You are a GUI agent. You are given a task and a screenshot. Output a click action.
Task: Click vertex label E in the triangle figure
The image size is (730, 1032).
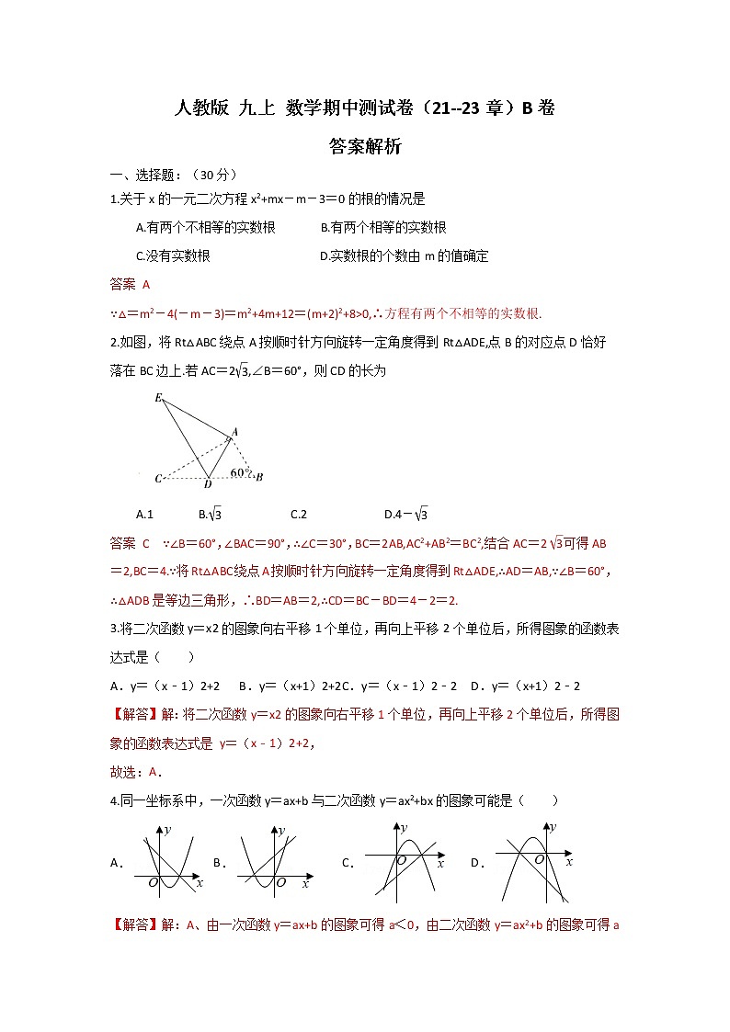pyautogui.click(x=159, y=398)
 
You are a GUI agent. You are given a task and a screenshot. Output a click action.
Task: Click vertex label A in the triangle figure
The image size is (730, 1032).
pyautogui.click(x=234, y=431)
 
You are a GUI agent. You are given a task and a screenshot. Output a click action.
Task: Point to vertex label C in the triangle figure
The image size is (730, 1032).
pyautogui.click(x=159, y=479)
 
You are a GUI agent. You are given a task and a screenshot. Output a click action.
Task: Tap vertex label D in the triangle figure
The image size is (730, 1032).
pyautogui.click(x=208, y=484)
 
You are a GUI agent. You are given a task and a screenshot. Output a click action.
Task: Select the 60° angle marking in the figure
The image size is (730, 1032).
pyautogui.click(x=240, y=472)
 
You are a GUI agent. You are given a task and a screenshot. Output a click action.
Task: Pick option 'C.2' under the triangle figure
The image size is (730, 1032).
pyautogui.click(x=298, y=515)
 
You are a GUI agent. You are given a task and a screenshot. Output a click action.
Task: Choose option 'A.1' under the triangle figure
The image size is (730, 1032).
pyautogui.click(x=144, y=515)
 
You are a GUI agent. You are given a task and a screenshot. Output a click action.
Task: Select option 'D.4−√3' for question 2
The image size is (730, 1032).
pyautogui.click(x=406, y=515)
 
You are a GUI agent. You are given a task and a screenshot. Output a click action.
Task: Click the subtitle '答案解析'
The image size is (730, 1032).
pyautogui.click(x=365, y=146)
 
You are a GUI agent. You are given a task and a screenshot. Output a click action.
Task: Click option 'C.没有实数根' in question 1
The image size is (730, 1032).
pyautogui.click(x=173, y=256)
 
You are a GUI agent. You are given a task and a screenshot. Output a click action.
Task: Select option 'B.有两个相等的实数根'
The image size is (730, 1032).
pyautogui.click(x=383, y=228)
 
